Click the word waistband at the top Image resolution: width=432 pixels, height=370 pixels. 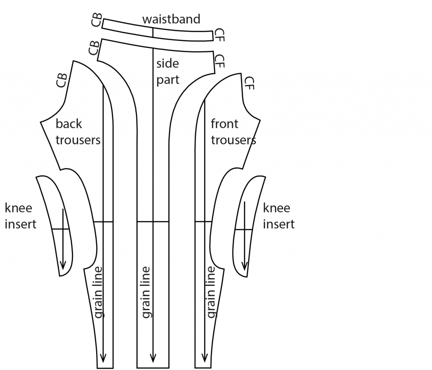[x=171, y=19]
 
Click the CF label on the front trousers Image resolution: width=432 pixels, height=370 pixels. [x=249, y=83]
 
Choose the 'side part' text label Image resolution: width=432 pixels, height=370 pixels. [x=167, y=71]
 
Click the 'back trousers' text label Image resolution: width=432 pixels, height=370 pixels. [x=78, y=132]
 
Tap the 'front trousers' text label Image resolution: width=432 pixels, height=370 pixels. [x=233, y=132]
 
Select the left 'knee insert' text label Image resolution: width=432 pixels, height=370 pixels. [x=20, y=216]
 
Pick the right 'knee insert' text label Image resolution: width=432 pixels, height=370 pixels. [x=278, y=216]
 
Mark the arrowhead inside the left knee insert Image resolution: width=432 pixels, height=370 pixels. [x=62, y=264]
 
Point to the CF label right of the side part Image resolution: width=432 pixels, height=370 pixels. [x=219, y=61]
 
